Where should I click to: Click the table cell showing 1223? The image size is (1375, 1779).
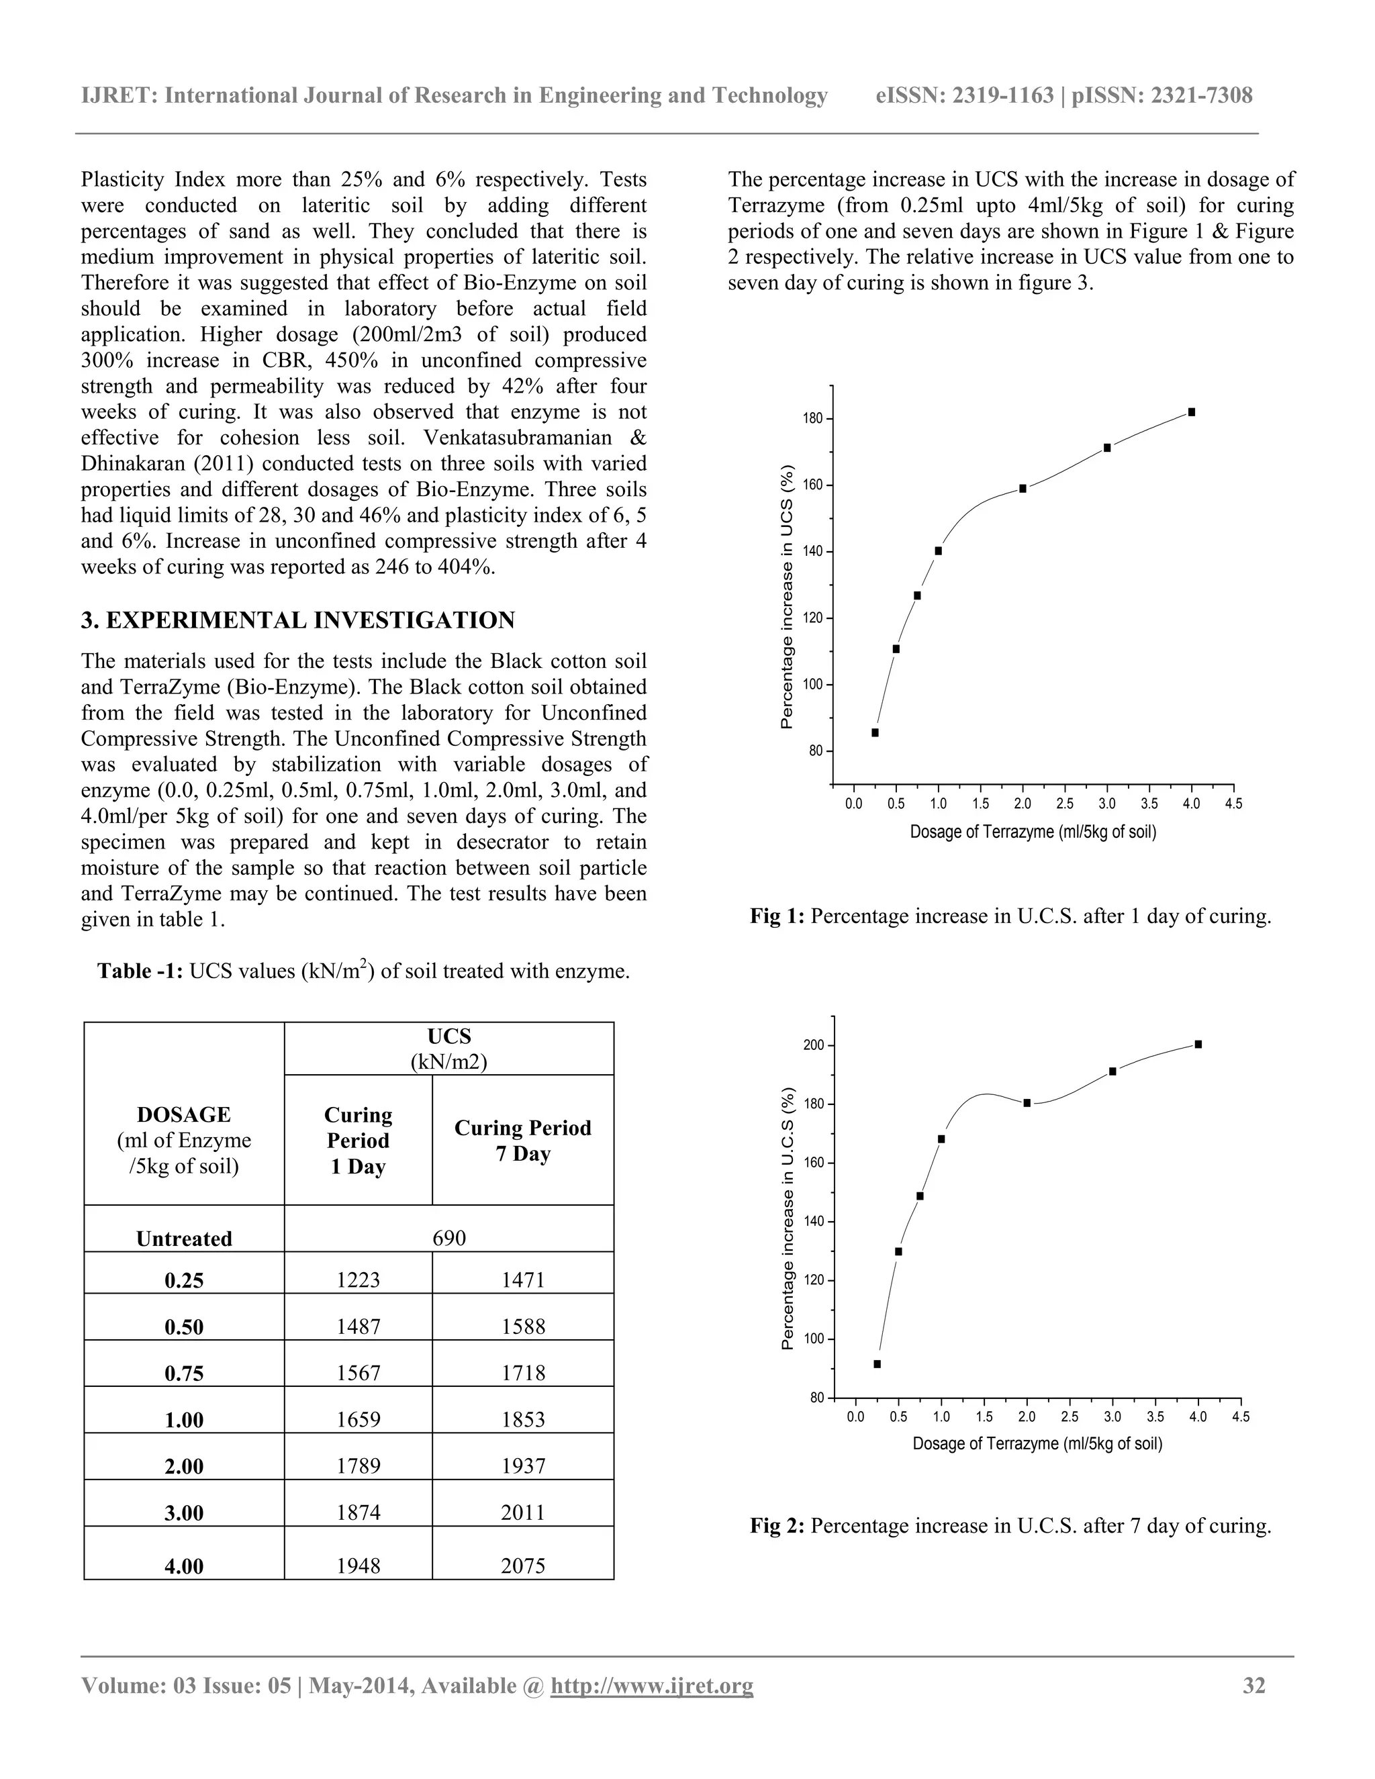click(x=358, y=1280)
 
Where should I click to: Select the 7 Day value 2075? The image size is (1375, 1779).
click(x=522, y=1566)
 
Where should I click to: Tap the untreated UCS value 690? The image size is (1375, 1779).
click(x=449, y=1237)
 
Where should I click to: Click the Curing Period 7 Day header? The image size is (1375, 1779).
click(x=522, y=1141)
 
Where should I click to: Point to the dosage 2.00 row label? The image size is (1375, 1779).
click(x=184, y=1466)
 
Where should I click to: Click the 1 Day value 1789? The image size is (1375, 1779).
click(x=358, y=1466)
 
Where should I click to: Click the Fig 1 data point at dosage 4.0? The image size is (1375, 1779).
click(x=1191, y=412)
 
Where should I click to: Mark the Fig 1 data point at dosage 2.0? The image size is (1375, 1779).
click(x=1023, y=489)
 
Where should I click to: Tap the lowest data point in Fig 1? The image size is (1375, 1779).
click(x=875, y=732)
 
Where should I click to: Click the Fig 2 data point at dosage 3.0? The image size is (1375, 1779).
click(x=1112, y=1071)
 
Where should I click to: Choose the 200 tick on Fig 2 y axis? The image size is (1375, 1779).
click(x=813, y=1045)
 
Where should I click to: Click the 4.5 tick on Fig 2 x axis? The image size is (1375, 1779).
click(x=1240, y=1416)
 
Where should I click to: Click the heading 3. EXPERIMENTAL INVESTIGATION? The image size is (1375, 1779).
click(x=297, y=620)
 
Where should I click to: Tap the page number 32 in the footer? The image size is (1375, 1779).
click(x=1253, y=1685)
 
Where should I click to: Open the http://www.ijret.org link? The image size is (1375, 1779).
click(x=652, y=1685)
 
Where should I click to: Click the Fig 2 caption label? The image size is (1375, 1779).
click(x=776, y=1526)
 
